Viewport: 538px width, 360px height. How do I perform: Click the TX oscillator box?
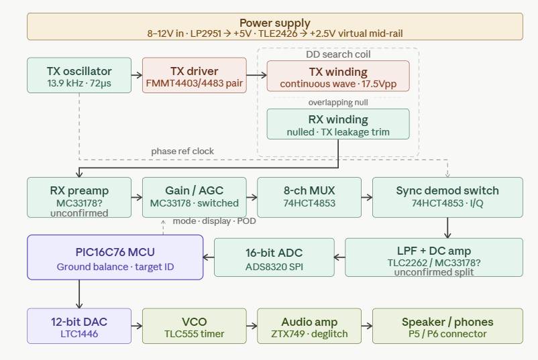(x=79, y=76)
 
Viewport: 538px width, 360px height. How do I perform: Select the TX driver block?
(x=194, y=76)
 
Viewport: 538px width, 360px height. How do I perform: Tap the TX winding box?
(x=338, y=76)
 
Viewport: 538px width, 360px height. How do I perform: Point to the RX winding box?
(x=338, y=124)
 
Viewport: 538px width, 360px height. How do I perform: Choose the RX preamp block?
(x=79, y=197)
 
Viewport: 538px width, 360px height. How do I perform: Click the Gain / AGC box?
(x=194, y=197)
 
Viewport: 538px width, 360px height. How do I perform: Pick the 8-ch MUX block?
(x=309, y=197)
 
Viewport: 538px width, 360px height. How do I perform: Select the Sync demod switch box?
(x=447, y=197)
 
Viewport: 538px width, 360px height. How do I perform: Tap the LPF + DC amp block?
(x=434, y=257)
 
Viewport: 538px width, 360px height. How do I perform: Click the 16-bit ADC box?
(x=273, y=257)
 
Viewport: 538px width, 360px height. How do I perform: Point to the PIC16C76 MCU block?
(x=115, y=257)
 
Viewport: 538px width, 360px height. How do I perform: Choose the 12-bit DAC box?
(x=79, y=326)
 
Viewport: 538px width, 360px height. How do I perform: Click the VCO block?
(x=194, y=326)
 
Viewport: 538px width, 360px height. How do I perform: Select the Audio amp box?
(x=309, y=326)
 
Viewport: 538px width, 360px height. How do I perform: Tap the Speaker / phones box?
(x=447, y=326)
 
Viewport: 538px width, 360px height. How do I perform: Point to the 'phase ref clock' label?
(x=182, y=152)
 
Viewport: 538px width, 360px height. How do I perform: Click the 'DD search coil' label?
(x=338, y=54)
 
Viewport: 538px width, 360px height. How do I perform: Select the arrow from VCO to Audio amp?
(x=251, y=326)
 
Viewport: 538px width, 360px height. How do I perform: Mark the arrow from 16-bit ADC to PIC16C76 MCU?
(x=209, y=257)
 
